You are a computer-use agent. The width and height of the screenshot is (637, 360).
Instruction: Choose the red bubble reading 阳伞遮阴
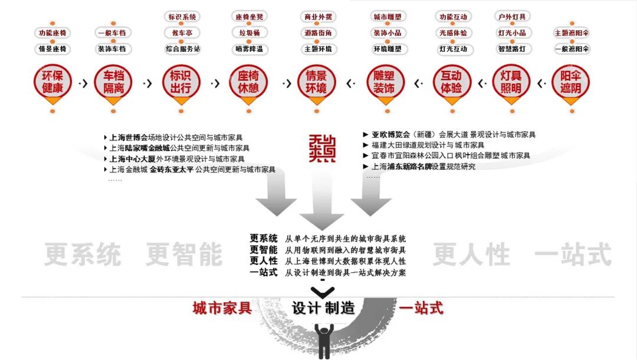[x=570, y=83]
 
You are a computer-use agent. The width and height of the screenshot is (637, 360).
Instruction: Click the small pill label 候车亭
[x=182, y=33]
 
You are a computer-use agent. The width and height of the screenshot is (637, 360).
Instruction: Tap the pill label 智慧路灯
[x=511, y=49]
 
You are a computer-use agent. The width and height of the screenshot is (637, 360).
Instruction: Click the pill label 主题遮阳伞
[x=572, y=33]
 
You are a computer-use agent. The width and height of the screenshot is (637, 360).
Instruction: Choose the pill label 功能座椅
[x=52, y=33]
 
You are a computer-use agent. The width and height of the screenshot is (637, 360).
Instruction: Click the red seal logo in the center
[x=321, y=148]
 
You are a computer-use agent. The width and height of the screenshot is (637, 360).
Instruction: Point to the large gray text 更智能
[x=184, y=254]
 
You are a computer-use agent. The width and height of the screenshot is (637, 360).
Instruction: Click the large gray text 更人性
[x=471, y=254]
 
